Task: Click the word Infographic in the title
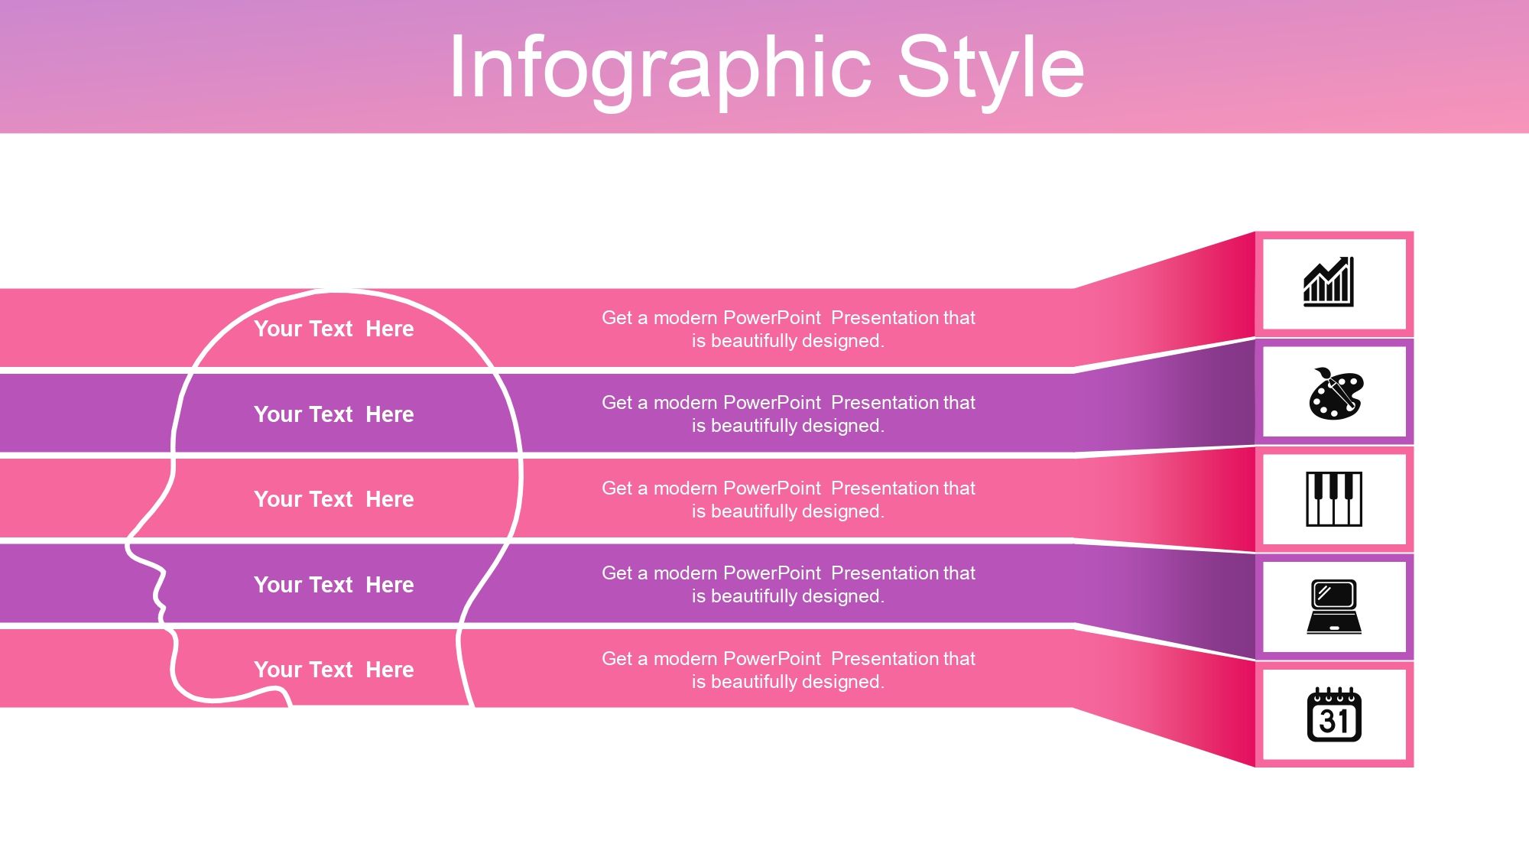[x=659, y=69]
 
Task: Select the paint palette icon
[x=1335, y=394]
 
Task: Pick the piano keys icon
[x=1334, y=499]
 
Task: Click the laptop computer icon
[x=1334, y=607]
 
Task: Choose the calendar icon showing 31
[x=1334, y=715]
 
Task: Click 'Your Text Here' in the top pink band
[x=333, y=329]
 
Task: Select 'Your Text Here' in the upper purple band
[x=333, y=414]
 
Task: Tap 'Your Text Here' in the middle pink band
[x=333, y=499]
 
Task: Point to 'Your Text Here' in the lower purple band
[x=333, y=585]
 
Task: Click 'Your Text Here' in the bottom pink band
[x=333, y=670]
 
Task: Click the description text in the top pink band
[x=788, y=329]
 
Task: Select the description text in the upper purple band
[x=788, y=414]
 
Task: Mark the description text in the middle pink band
[x=788, y=499]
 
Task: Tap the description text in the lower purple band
[x=788, y=585]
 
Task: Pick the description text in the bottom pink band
[x=788, y=670]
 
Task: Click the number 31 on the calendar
[x=1334, y=722]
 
